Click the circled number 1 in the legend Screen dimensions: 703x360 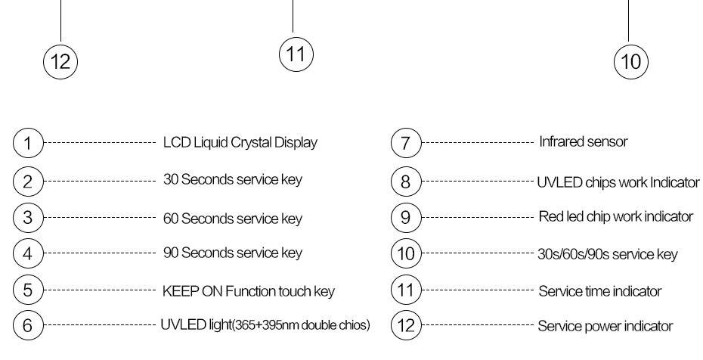(28, 143)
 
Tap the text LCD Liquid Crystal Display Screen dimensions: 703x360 (240, 143)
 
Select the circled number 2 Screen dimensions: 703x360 (28, 181)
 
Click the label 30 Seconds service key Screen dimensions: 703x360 (233, 179)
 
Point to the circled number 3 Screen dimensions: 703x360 (28, 217)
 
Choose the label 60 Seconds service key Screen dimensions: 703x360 (233, 219)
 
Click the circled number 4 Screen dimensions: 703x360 (28, 253)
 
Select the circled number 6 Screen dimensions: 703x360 (28, 324)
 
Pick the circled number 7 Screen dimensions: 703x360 (406, 143)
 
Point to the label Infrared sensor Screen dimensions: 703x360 (584, 141)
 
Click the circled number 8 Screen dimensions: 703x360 (406, 181)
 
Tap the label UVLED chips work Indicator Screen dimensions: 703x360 (618, 182)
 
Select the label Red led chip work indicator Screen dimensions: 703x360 (616, 216)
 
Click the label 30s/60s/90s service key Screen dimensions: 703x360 (608, 254)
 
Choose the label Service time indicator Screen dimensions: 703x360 (600, 291)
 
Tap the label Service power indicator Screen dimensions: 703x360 (605, 326)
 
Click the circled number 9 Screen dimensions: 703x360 (406, 217)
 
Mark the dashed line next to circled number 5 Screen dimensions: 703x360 (100, 290)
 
